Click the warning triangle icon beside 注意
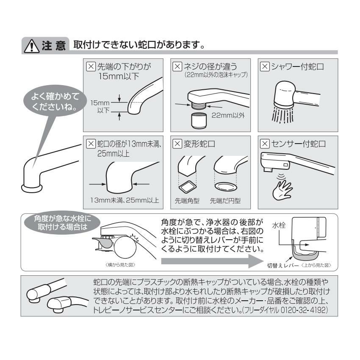(32, 46)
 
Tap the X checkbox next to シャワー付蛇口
(264, 66)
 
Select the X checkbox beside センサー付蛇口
(264, 144)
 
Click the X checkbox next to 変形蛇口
(177, 144)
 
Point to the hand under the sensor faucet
(282, 190)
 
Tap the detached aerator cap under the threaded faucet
(199, 121)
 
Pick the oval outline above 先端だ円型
(226, 186)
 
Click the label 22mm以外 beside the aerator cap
(228, 115)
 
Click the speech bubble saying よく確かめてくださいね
(55, 101)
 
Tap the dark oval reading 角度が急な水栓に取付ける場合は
(62, 223)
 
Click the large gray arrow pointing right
(212, 261)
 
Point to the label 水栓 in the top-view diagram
(279, 225)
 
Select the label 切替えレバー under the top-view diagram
(283, 266)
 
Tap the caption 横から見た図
(120, 265)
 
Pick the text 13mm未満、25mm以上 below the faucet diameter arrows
(125, 200)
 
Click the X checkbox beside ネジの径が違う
(177, 66)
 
